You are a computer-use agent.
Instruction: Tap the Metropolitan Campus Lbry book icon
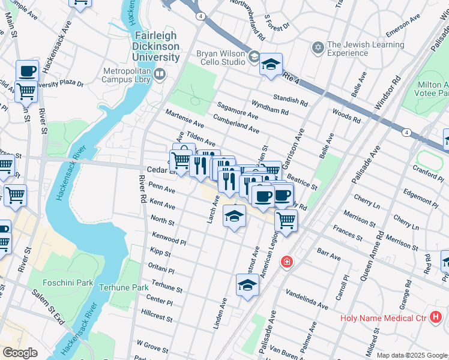[160, 74]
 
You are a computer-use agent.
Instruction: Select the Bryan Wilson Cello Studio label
[221, 58]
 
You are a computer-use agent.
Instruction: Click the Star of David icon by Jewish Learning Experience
[318, 46]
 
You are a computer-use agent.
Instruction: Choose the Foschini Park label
[68, 282]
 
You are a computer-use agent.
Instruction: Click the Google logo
[20, 352]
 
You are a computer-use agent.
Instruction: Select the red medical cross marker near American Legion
[287, 262]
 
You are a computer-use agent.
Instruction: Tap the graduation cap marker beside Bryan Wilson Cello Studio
[271, 64]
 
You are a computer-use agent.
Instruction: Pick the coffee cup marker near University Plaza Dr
[27, 71]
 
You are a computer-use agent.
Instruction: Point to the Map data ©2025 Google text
[411, 355]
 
